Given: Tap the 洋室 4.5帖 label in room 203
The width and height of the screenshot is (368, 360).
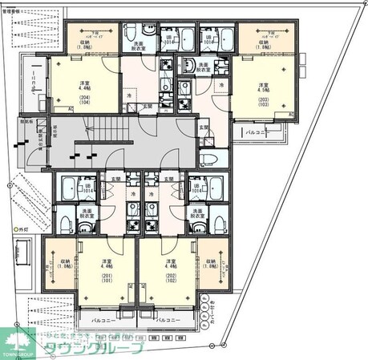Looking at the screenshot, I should tap(263, 87).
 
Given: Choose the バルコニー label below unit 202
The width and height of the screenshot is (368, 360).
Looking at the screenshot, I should tap(168, 319).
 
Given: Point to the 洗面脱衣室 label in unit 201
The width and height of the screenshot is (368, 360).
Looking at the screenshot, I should tap(88, 214).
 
